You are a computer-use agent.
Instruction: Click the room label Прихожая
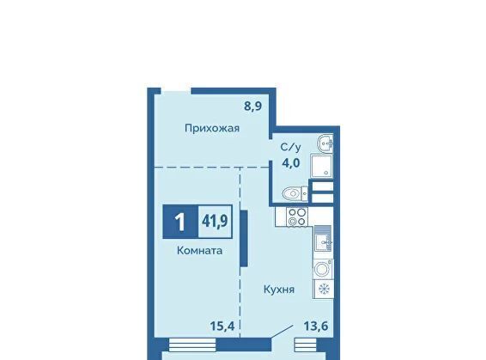click(x=212, y=128)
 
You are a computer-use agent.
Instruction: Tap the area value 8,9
click(x=253, y=107)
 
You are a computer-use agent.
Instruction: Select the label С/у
click(x=290, y=148)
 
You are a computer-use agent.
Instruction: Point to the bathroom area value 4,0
click(x=291, y=162)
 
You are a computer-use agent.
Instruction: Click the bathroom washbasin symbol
click(x=325, y=143)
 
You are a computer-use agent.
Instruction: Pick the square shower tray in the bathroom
click(x=321, y=166)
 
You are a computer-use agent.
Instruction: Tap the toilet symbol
click(x=295, y=194)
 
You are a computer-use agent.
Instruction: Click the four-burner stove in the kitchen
click(x=297, y=217)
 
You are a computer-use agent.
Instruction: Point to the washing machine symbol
click(x=323, y=269)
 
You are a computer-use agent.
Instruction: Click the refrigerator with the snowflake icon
click(x=324, y=289)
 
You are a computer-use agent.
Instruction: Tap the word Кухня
click(x=279, y=290)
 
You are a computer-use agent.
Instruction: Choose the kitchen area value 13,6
click(x=316, y=326)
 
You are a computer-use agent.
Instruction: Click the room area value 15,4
click(x=222, y=326)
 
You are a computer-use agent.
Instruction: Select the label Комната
click(x=199, y=251)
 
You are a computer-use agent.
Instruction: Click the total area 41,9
click(x=215, y=222)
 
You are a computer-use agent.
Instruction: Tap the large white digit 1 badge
click(x=180, y=222)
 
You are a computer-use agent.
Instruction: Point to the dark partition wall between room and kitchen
click(x=244, y=238)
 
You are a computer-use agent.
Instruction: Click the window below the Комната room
click(x=192, y=345)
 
